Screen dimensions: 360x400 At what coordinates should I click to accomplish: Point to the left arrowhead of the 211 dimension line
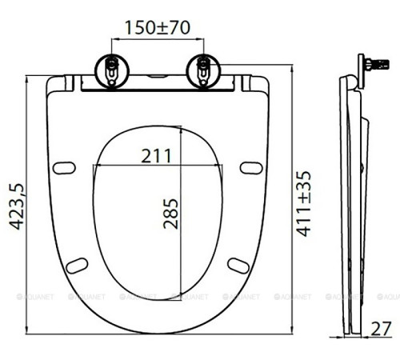(x=96, y=166)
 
